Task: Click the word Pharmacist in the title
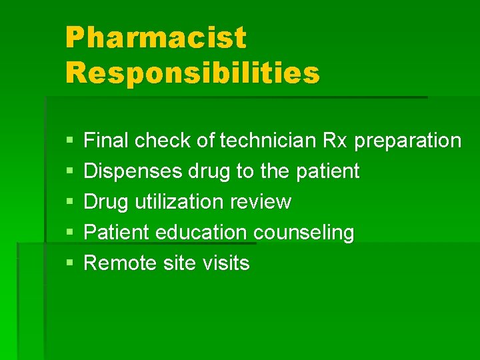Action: [155, 38]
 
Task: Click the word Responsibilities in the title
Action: [193, 73]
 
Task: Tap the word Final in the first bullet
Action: [106, 141]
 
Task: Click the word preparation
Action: [407, 141]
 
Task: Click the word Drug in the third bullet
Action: [105, 202]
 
